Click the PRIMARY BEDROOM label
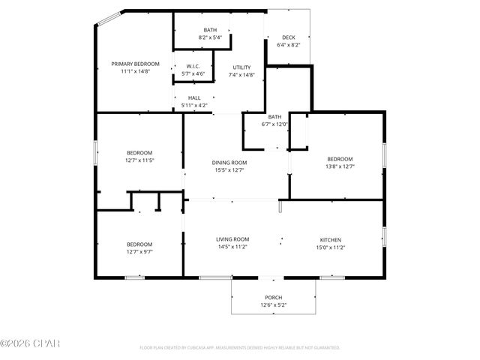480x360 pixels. pyautogui.click(x=136, y=64)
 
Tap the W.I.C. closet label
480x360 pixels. pyautogui.click(x=193, y=66)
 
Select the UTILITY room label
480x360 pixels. pyautogui.click(x=241, y=67)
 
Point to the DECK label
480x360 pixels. pyautogui.click(x=288, y=37)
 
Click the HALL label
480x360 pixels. pyautogui.click(x=194, y=98)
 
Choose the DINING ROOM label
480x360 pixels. pyautogui.click(x=229, y=163)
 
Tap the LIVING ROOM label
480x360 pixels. pyautogui.click(x=232, y=239)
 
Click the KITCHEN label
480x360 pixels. pyautogui.click(x=330, y=239)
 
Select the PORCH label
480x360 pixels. pyautogui.click(x=273, y=298)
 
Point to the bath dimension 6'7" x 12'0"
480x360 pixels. pyautogui.click(x=275, y=124)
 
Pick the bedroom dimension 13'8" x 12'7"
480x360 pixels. pyautogui.click(x=340, y=166)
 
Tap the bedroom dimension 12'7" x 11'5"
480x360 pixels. pyautogui.click(x=139, y=160)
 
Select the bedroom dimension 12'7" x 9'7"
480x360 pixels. pyautogui.click(x=139, y=251)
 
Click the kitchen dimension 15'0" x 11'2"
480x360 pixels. pyautogui.click(x=330, y=247)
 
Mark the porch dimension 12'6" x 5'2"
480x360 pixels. pyautogui.click(x=273, y=305)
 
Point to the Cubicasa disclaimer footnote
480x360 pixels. pyautogui.click(x=240, y=348)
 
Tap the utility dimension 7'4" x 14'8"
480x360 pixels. pyautogui.click(x=241, y=75)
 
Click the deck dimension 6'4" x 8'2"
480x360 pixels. pyautogui.click(x=288, y=45)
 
